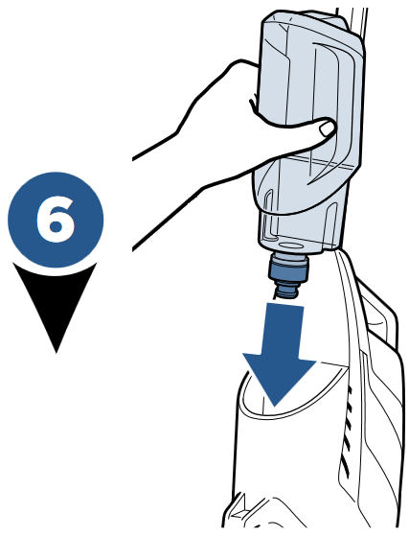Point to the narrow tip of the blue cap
pos(286,289)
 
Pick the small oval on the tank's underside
pos(287,239)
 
